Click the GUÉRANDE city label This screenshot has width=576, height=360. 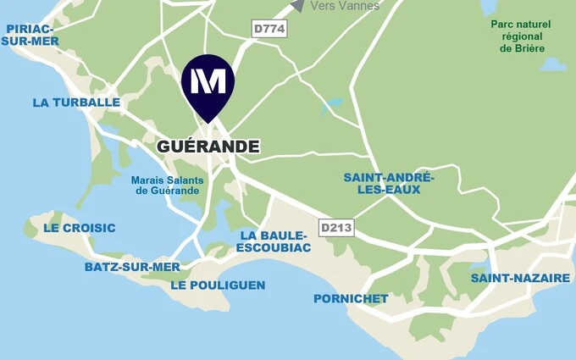(208, 147)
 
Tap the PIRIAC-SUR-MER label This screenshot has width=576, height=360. (31, 35)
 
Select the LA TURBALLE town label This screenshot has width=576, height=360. (76, 102)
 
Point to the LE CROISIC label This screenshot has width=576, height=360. (80, 228)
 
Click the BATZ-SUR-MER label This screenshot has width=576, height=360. (132, 267)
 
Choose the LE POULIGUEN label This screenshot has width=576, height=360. (218, 285)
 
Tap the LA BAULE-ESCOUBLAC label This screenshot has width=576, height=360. (274, 241)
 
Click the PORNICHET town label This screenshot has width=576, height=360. (351, 298)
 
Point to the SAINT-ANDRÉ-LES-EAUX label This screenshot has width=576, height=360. (388, 183)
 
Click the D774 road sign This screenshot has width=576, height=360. (270, 30)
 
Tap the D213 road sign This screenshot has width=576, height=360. (336, 228)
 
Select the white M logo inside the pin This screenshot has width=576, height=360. (208, 81)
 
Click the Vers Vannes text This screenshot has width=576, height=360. (345, 6)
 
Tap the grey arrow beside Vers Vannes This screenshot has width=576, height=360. (296, 5)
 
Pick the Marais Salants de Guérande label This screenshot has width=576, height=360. (165, 185)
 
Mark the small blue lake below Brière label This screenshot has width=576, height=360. (552, 64)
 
